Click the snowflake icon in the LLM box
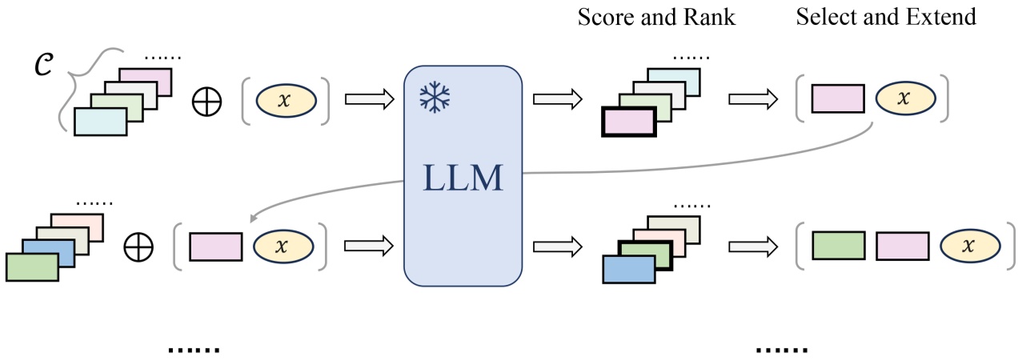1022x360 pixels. (x=435, y=97)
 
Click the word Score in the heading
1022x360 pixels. (x=601, y=17)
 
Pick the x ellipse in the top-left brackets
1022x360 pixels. (x=286, y=100)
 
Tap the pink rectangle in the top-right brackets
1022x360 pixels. (x=838, y=99)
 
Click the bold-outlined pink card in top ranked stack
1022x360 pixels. (x=629, y=126)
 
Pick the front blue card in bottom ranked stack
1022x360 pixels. (x=629, y=270)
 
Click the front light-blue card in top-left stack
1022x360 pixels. (x=100, y=122)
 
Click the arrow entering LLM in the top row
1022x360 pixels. (x=370, y=100)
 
